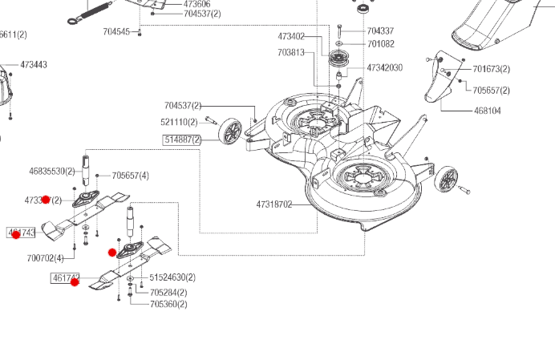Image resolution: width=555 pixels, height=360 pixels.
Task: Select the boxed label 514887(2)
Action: click(183, 140)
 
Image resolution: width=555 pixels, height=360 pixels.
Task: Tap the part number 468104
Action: click(488, 111)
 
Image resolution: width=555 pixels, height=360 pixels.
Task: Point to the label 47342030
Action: click(385, 68)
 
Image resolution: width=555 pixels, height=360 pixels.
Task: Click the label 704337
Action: click(380, 31)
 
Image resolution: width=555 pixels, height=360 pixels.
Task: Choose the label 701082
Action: click(380, 43)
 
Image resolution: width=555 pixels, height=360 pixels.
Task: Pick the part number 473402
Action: click(291, 37)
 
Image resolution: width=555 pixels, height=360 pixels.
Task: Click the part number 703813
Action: click(291, 52)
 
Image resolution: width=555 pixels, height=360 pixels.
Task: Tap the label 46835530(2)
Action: click(52, 171)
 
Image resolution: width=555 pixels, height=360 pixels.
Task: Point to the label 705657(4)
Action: click(130, 176)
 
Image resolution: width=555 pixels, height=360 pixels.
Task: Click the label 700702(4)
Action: click(45, 258)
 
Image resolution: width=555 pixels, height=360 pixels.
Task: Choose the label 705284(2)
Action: click(168, 292)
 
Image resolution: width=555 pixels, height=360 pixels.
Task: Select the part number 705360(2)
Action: click(168, 304)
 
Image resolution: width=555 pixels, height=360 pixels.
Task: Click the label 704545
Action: click(116, 31)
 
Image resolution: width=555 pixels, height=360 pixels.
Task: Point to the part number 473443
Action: click(34, 64)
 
